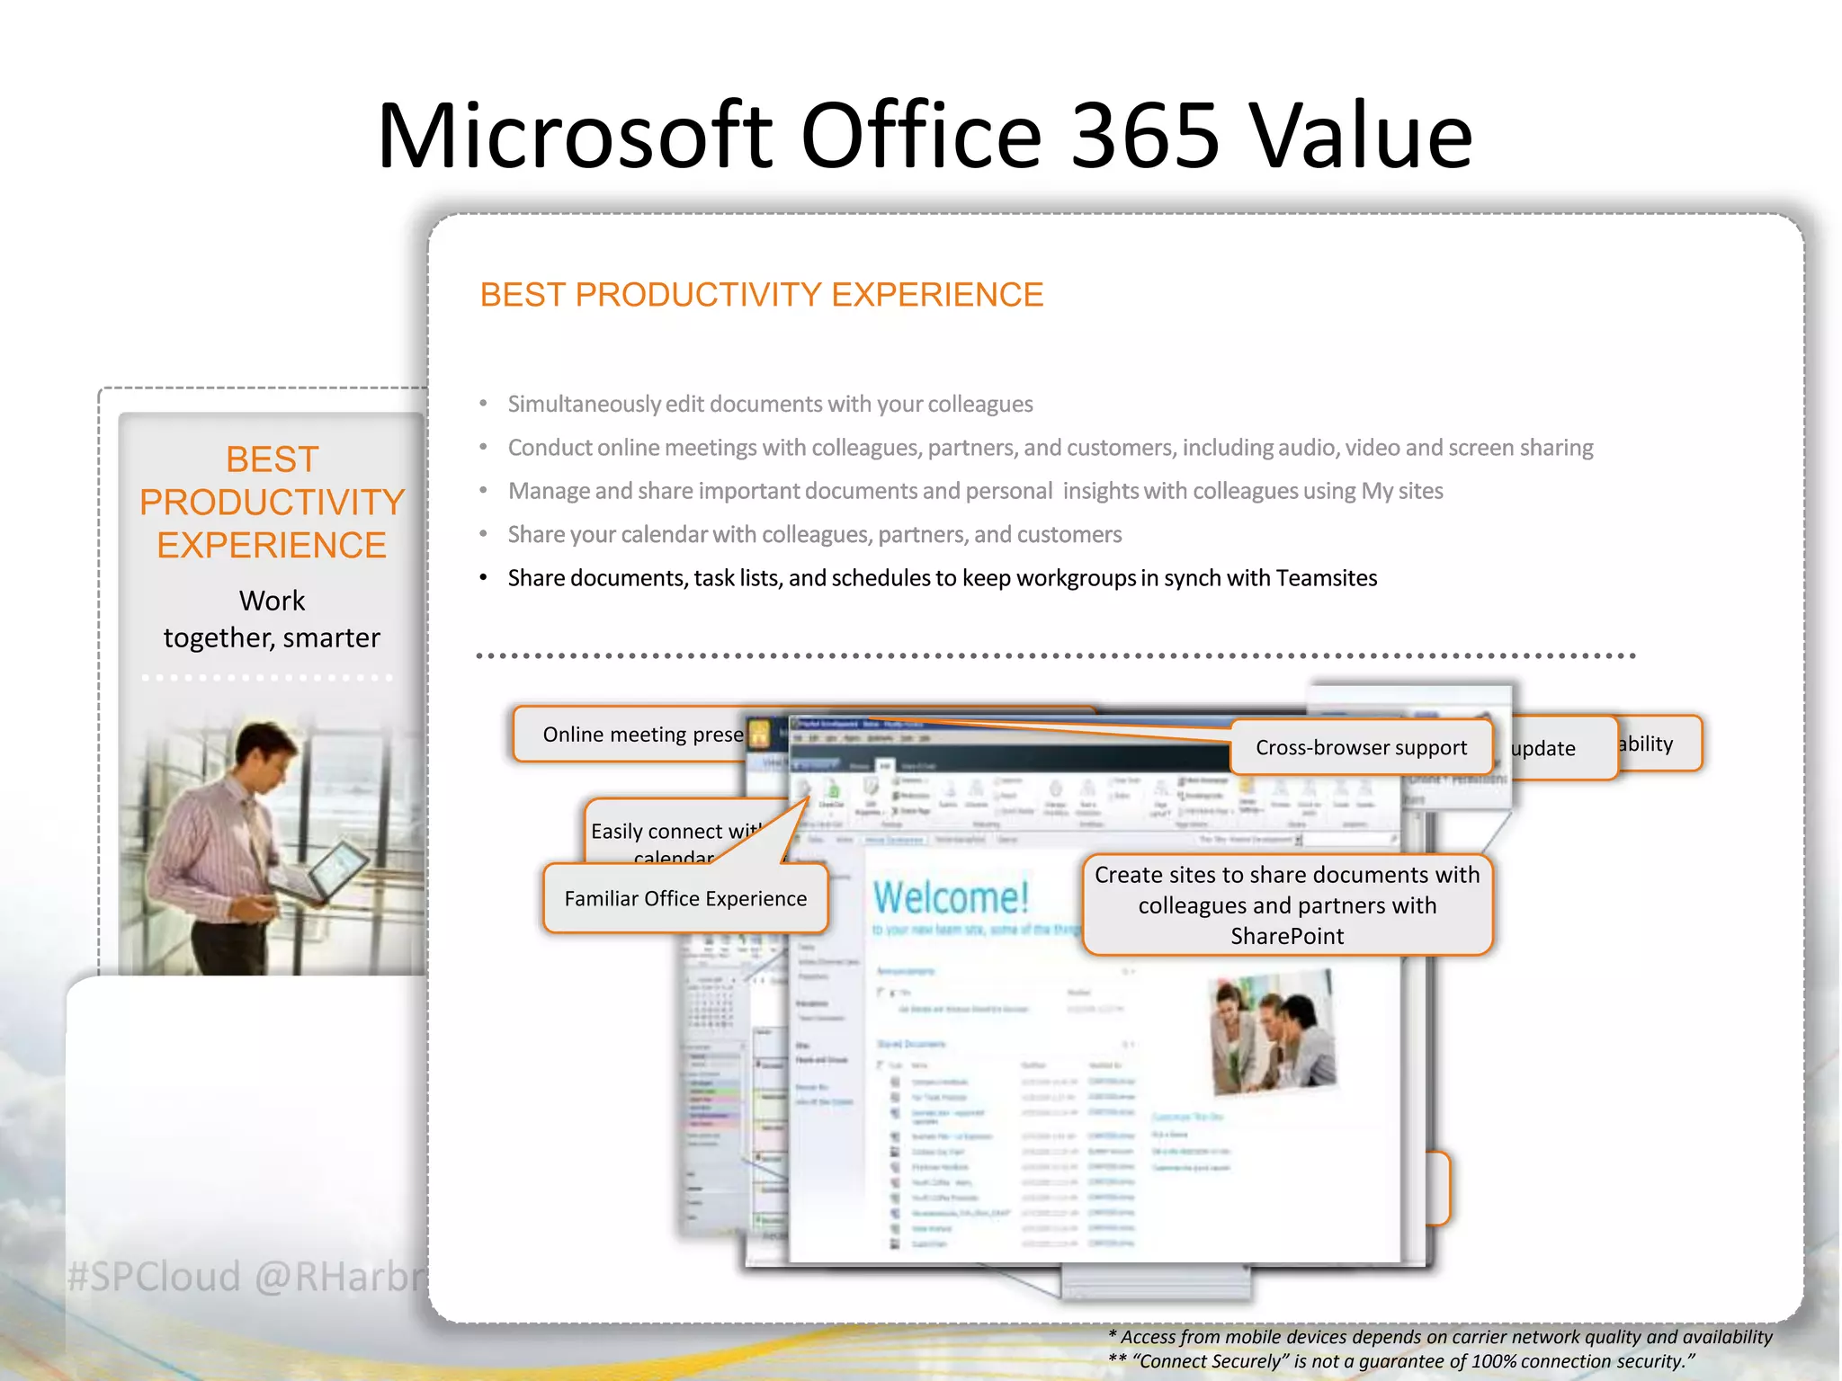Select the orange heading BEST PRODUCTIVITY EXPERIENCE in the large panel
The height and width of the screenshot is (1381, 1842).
[761, 295]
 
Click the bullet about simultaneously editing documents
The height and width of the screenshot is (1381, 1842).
[770, 405]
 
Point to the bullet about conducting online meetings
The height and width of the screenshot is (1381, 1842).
[1050, 448]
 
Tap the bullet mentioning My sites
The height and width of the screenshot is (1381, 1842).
[975, 491]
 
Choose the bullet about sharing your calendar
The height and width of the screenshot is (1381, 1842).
[814, 535]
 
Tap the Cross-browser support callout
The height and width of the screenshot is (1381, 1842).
[1360, 747]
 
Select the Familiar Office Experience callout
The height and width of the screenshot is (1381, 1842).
[685, 898]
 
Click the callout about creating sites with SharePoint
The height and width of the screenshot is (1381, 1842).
[1286, 904]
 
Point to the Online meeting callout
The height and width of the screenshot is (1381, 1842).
[642, 735]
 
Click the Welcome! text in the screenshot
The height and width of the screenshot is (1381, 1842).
[950, 897]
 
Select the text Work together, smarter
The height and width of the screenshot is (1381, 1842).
[272, 619]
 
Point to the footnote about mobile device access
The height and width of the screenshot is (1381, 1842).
[1439, 1337]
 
